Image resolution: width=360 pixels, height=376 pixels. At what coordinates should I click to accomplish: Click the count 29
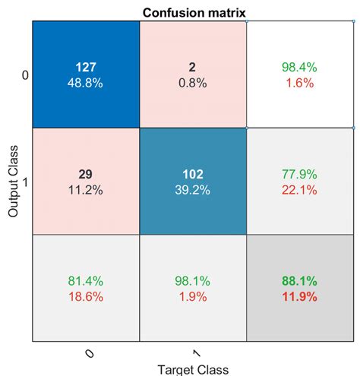(x=86, y=174)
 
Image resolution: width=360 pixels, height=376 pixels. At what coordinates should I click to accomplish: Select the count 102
(x=193, y=174)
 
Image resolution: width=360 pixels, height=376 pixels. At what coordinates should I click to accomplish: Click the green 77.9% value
(x=301, y=174)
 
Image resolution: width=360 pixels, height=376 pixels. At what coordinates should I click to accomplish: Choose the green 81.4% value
(x=86, y=282)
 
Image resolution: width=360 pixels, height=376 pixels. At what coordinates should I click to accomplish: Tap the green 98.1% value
(x=193, y=282)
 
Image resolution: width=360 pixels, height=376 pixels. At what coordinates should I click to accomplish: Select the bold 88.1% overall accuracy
(x=301, y=282)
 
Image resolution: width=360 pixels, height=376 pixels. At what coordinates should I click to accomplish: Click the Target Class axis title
(x=194, y=368)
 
